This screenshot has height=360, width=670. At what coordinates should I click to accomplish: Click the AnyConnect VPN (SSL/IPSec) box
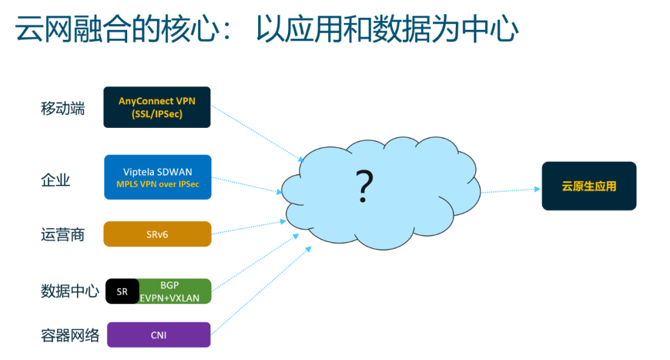(x=157, y=107)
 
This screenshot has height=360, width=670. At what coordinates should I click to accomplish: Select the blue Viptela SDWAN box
(x=158, y=177)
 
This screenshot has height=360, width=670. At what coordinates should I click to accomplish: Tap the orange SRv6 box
(x=157, y=234)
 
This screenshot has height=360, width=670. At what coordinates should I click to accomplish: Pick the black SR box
(x=122, y=291)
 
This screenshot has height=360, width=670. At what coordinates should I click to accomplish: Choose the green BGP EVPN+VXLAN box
(x=175, y=291)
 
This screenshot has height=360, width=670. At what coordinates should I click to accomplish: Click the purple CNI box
(x=159, y=335)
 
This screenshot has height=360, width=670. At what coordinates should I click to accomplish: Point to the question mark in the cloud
(x=365, y=186)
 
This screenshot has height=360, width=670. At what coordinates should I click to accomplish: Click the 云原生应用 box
(x=589, y=186)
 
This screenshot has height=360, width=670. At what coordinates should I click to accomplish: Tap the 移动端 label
(x=63, y=109)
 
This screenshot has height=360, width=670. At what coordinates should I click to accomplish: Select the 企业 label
(x=56, y=180)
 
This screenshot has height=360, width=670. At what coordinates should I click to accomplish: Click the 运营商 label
(x=63, y=235)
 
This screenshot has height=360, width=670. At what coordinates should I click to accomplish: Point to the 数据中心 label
(x=70, y=291)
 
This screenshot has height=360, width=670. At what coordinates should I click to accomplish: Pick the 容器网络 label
(x=70, y=336)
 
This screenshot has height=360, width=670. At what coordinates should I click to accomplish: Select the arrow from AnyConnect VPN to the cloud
(x=257, y=133)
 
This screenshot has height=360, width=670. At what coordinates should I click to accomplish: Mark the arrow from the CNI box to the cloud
(x=262, y=290)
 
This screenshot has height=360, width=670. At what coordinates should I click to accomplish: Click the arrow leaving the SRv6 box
(x=249, y=227)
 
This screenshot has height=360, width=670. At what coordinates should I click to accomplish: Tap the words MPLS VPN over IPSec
(x=158, y=184)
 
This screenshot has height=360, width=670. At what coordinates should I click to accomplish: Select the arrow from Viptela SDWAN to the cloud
(x=247, y=185)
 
